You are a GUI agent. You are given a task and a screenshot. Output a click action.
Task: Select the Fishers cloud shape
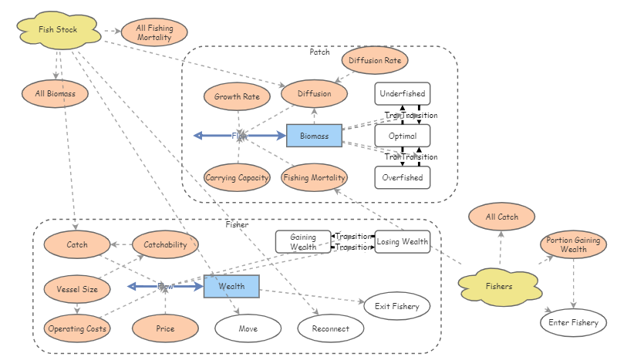(498, 286)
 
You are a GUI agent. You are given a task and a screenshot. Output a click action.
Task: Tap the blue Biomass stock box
(314, 136)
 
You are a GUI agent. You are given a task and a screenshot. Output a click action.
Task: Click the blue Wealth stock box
(231, 286)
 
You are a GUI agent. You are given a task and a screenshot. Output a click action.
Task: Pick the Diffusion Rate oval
(374, 59)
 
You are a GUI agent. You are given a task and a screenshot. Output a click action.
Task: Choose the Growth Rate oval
(237, 97)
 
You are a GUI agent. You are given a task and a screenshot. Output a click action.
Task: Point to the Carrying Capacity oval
(238, 178)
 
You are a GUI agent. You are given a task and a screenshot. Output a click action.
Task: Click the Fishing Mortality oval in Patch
(314, 178)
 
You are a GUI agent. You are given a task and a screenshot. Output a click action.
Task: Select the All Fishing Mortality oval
(154, 33)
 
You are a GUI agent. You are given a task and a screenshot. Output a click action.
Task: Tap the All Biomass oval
(55, 94)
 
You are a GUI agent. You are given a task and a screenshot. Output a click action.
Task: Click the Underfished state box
(402, 94)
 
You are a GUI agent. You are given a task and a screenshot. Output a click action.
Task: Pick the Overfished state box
(402, 177)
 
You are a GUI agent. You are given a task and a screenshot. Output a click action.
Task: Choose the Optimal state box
(402, 136)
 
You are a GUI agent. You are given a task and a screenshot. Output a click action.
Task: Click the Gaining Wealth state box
(303, 241)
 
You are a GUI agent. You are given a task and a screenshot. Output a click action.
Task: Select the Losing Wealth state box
(402, 241)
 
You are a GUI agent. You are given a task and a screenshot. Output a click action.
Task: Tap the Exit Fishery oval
(396, 306)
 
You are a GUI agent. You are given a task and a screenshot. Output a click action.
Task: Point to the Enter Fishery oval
(574, 322)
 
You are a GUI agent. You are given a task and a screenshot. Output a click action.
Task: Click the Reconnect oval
(331, 328)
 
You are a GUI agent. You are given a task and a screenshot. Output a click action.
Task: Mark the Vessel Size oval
(77, 289)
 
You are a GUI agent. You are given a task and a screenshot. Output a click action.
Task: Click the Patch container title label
(319, 52)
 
